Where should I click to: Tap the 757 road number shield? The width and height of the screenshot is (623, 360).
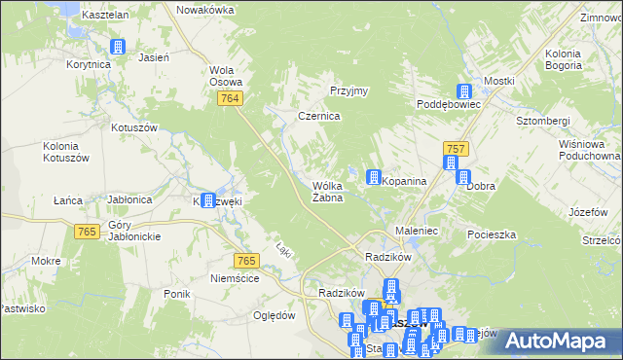point(457,148)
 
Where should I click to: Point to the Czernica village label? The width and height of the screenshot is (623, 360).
point(317,116)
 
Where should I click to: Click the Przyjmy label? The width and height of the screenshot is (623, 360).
point(348,90)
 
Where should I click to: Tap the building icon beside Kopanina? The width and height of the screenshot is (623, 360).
point(373,177)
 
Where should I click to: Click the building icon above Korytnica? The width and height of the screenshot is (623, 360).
point(119,47)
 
